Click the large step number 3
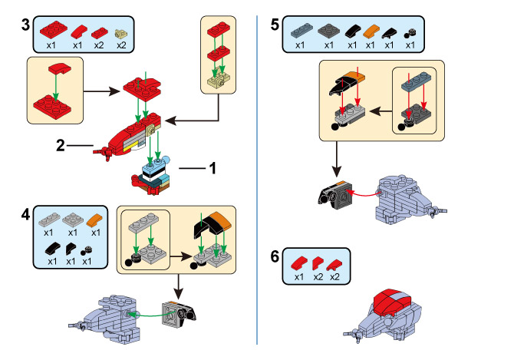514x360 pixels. click(x=25, y=25)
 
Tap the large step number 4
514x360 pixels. click(x=25, y=214)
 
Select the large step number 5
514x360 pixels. click(x=275, y=25)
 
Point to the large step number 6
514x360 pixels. click(x=275, y=256)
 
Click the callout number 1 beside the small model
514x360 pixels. click(x=213, y=168)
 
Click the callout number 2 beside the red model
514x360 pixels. click(x=61, y=145)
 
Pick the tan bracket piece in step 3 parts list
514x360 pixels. click(x=121, y=34)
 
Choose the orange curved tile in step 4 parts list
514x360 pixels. click(x=95, y=220)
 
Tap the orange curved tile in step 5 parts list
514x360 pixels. click(x=371, y=31)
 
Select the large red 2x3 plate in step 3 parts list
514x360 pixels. click(x=54, y=30)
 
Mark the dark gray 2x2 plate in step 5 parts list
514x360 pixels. click(x=329, y=31)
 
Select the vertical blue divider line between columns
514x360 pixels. click(x=257, y=180)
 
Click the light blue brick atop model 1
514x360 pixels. click(x=153, y=168)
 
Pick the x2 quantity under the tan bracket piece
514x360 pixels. click(x=121, y=45)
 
